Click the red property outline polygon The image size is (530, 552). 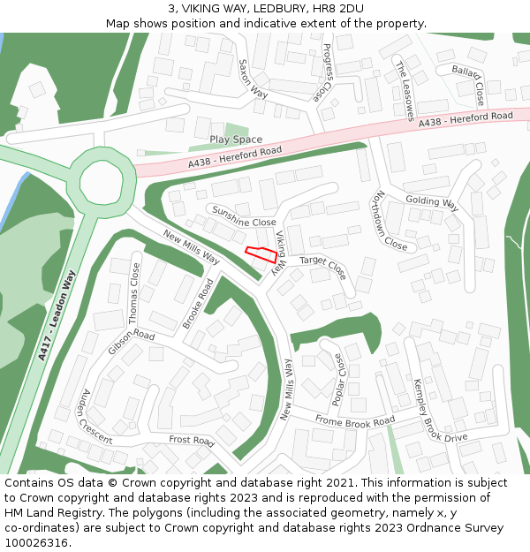pos(261,254)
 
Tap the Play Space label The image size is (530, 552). pos(236,140)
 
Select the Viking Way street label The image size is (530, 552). pos(280,251)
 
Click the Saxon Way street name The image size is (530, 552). pos(254,79)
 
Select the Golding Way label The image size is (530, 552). pos(431,202)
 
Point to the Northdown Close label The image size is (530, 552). pos(390,220)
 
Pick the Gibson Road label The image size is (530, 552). pos(131,343)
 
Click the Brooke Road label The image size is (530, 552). pos(199,305)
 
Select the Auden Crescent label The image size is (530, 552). pos(96,417)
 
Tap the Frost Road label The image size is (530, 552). pos(192,440)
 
